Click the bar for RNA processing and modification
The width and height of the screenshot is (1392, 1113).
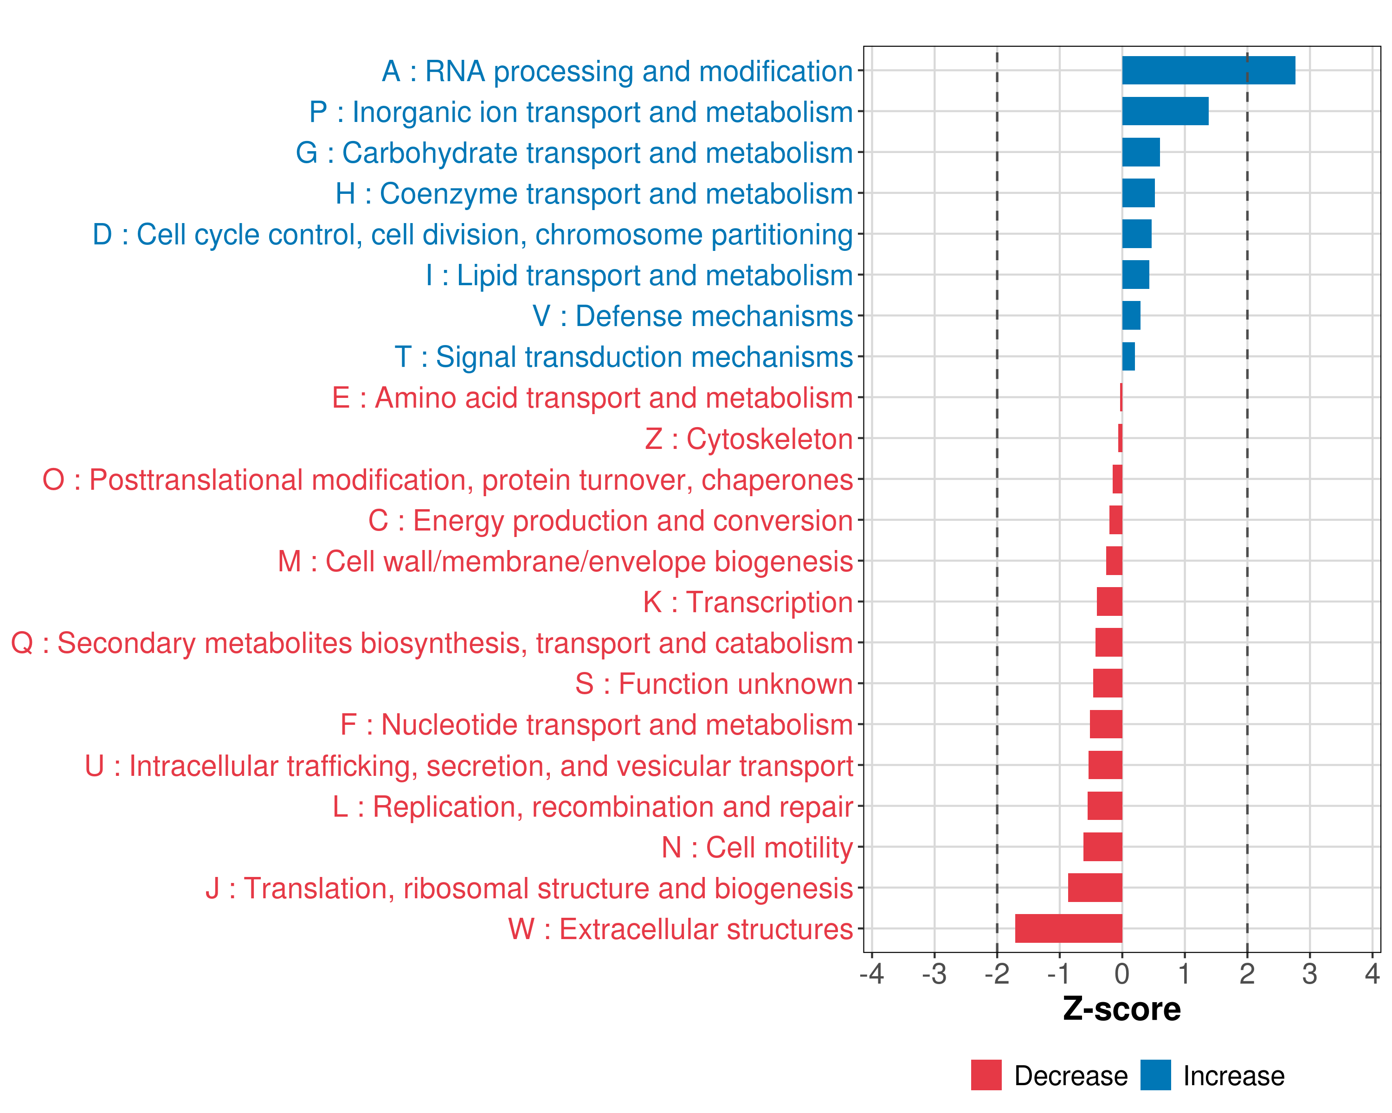coord(1208,70)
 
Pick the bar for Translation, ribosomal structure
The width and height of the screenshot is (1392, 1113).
coord(1095,887)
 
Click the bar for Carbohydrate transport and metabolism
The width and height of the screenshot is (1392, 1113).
coord(1141,152)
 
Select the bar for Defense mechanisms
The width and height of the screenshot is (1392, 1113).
coord(1131,315)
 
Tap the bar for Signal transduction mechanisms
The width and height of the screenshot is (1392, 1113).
coord(1128,356)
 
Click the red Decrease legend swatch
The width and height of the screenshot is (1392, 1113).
coord(986,1075)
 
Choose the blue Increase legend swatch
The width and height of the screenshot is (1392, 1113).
coord(1155,1075)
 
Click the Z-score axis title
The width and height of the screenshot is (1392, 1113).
coord(1121,1009)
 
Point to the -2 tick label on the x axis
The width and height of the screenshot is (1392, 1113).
coord(996,973)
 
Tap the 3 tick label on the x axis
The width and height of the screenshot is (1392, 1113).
coord(1309,973)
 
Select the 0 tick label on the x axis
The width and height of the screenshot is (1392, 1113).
coord(1121,973)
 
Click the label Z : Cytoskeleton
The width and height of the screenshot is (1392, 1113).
coord(749,439)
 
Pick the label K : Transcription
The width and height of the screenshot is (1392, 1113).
coord(748,602)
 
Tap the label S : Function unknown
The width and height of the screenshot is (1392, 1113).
coord(714,684)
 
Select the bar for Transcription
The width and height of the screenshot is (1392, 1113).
coord(1109,601)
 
